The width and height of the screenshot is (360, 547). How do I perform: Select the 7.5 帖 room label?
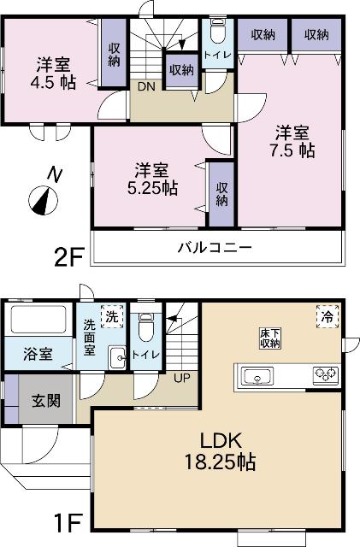click(293, 141)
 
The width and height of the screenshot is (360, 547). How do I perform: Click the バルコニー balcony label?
click(214, 249)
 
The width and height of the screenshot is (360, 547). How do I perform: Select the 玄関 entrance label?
click(46, 399)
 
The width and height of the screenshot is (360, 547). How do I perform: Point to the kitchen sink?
click(256, 374)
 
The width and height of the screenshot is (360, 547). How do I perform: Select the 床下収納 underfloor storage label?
click(270, 337)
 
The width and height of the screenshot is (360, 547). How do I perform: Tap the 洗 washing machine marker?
click(109, 317)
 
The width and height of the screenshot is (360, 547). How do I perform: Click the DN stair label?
click(146, 85)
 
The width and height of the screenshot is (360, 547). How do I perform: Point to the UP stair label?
click(182, 377)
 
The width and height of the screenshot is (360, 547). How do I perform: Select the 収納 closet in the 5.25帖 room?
click(221, 194)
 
